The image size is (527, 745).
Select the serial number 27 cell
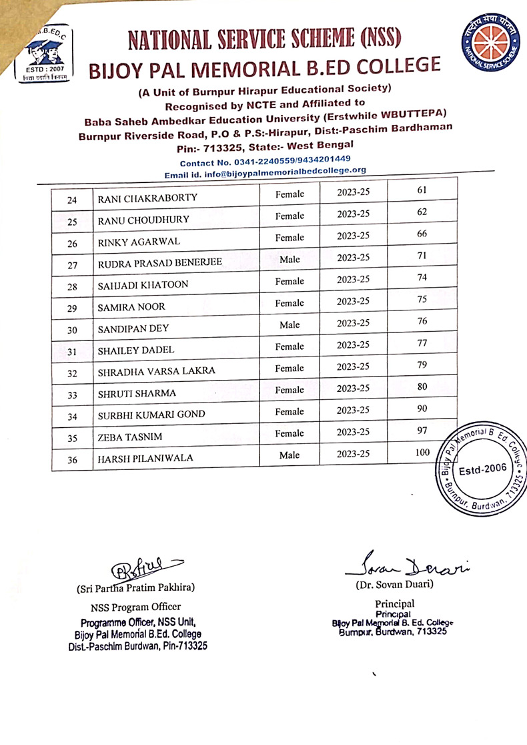(73, 264)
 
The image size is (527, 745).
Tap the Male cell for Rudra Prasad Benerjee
(290, 259)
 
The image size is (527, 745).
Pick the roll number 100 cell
(422, 453)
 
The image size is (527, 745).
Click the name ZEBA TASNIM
(129, 438)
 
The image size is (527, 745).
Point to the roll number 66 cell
(422, 234)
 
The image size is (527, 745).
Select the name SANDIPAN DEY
(133, 328)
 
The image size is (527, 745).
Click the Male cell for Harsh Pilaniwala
(290, 455)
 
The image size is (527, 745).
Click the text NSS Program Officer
(135, 607)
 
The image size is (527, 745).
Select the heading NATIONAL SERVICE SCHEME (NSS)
(264, 41)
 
